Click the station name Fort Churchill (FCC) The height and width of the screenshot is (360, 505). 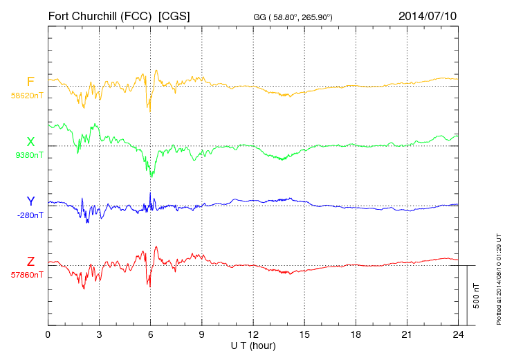pos(100,15)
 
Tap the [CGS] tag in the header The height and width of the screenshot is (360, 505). pos(175,15)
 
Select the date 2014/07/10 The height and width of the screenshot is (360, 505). pos(428,15)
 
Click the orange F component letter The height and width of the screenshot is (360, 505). pos(30,82)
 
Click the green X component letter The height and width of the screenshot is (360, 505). pos(30,142)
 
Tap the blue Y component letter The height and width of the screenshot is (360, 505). pos(30,201)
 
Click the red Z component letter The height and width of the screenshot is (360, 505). pos(30,262)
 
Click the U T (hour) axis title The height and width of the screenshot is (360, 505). pos(253,345)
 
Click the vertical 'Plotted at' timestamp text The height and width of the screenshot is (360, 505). pos(498,278)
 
